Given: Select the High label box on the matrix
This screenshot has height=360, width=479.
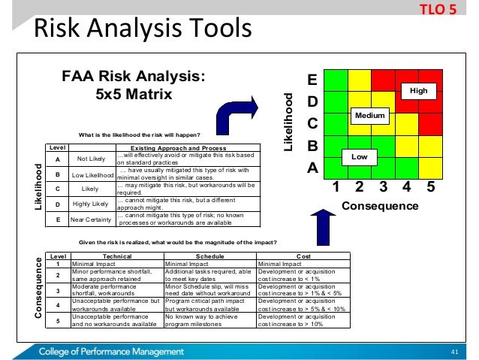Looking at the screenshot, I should tap(420, 90).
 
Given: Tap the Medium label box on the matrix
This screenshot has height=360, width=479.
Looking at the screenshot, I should tap(369, 116).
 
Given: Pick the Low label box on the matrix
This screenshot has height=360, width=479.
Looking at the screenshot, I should tap(359, 156).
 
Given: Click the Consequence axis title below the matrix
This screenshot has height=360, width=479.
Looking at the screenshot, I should tap(380, 205).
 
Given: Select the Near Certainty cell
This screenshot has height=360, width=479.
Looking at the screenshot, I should tap(90, 219).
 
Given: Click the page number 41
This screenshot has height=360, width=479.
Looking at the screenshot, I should tap(453, 351).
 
